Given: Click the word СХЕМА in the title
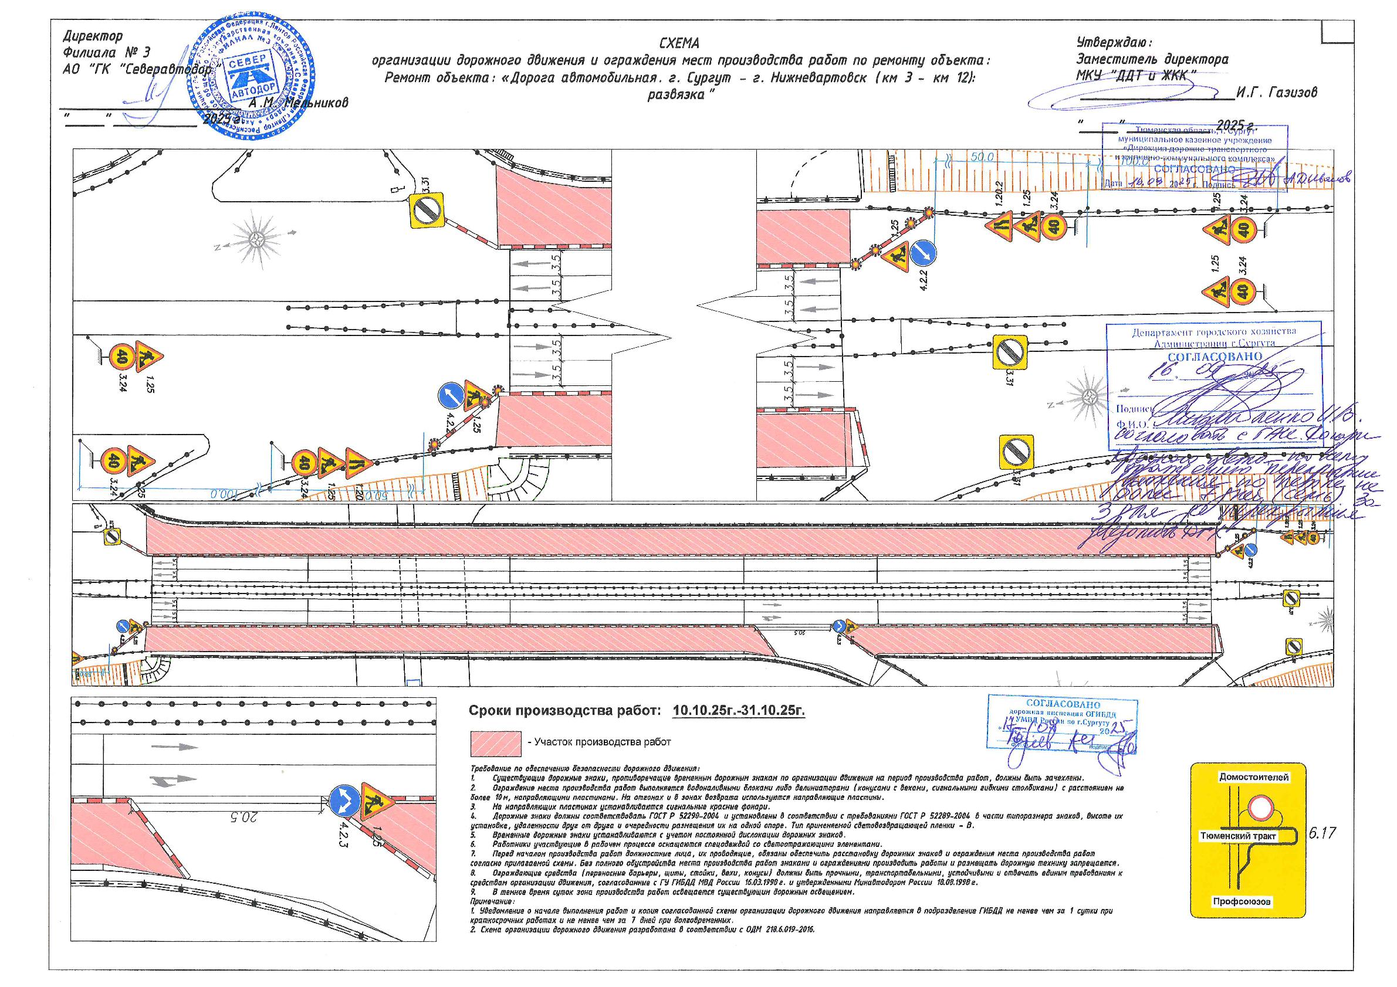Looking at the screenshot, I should [679, 43].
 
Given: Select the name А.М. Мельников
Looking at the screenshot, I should [299, 103].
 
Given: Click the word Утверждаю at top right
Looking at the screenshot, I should [1112, 43].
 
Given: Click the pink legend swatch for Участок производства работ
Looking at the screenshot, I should [496, 742].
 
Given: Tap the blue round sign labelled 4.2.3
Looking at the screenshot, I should [344, 799].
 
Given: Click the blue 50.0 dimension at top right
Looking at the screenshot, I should [982, 158].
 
